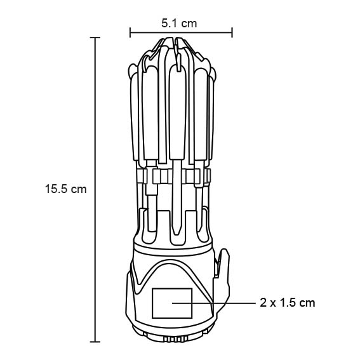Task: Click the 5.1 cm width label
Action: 179,23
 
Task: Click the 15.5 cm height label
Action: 66,189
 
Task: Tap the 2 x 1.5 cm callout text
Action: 288,303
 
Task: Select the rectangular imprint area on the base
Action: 172,303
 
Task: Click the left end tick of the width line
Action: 130,32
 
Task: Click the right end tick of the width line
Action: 232,32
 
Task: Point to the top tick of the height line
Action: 95,37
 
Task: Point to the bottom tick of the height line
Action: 95,342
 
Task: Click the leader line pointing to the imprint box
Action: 214,303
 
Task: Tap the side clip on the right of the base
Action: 222,283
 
